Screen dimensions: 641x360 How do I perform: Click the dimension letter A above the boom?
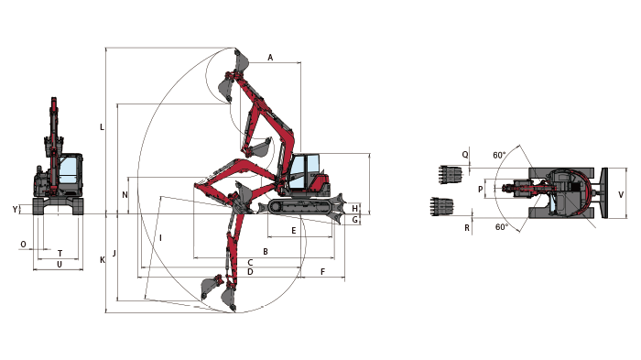coord(270,58)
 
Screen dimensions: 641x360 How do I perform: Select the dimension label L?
coord(102,127)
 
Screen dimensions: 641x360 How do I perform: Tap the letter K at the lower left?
coord(103,260)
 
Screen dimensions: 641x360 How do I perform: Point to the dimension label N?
coord(125,195)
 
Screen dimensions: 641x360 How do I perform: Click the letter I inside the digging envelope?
coord(160,237)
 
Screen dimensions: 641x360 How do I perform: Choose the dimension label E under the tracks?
coord(294,231)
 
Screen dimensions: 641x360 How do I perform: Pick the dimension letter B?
coord(266,252)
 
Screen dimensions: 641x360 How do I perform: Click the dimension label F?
coord(323,272)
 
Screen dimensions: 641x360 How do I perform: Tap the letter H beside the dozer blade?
coord(355,208)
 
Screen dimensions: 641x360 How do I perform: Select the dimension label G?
coord(355,220)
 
